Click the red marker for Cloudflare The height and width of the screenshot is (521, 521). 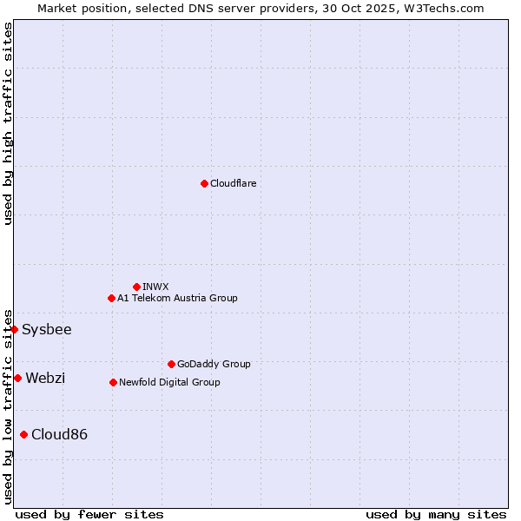tap(204, 183)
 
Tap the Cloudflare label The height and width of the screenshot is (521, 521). tap(234, 184)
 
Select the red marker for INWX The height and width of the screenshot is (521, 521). tap(136, 287)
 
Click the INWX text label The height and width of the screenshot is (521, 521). tap(156, 287)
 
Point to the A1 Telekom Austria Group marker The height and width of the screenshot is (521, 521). tap(111, 298)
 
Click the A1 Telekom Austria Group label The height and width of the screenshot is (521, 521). tap(177, 299)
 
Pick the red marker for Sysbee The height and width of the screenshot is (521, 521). tap(14, 329)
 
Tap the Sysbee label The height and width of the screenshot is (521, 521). tap(47, 330)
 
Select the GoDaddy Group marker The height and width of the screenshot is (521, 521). tap(171, 364)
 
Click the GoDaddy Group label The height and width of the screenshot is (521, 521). tap(214, 365)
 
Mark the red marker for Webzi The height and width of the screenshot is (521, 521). tap(17, 378)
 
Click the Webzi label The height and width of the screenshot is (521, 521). tap(45, 379)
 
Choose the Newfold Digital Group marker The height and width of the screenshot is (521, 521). tap(113, 382)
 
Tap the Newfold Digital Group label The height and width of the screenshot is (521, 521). tap(169, 383)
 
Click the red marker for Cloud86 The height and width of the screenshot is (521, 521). tap(23, 434)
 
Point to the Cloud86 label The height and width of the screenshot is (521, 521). tap(59, 435)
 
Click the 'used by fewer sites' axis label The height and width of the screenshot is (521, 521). tap(89, 515)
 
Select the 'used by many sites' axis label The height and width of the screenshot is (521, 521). tap(436, 515)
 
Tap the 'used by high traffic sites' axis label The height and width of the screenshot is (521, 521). tap(8, 124)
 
